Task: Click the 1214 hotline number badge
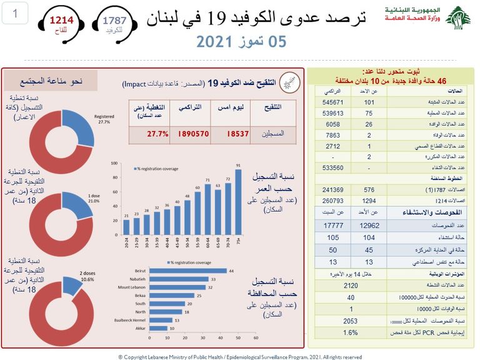(x=62, y=24)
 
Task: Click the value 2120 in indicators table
(x=351, y=285)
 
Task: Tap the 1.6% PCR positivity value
(x=351, y=332)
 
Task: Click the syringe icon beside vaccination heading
(x=289, y=82)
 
